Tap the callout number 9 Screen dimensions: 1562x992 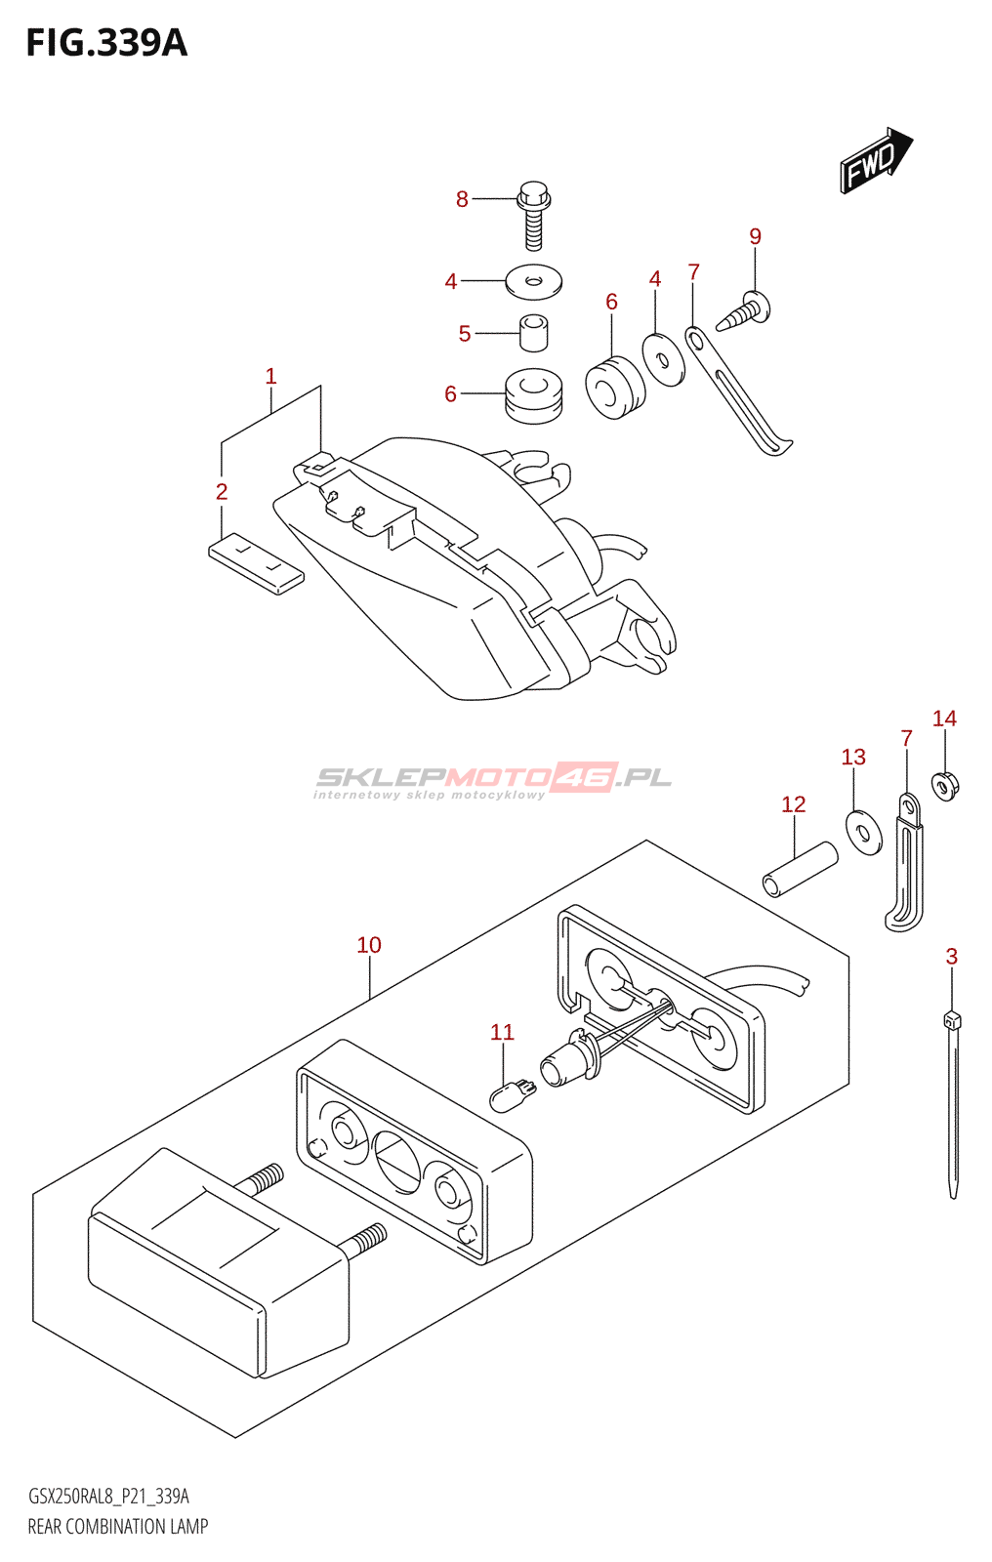point(755,236)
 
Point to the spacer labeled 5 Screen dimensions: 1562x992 point(533,332)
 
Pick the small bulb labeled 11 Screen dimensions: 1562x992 point(512,1094)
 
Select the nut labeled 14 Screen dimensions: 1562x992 point(944,784)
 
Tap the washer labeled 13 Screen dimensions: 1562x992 point(863,832)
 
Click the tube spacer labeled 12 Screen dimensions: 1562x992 point(800,868)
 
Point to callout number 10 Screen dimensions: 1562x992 point(369,945)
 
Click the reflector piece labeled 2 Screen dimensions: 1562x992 point(256,563)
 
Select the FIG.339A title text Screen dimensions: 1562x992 point(106,43)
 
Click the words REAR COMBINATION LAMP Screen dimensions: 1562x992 point(118,1527)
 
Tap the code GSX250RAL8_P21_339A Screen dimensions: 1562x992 point(108,1497)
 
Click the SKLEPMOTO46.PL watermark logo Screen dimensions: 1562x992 point(493,780)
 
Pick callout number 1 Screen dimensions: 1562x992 point(270,377)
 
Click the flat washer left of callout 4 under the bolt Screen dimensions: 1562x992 point(533,282)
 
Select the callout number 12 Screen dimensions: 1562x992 point(793,804)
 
